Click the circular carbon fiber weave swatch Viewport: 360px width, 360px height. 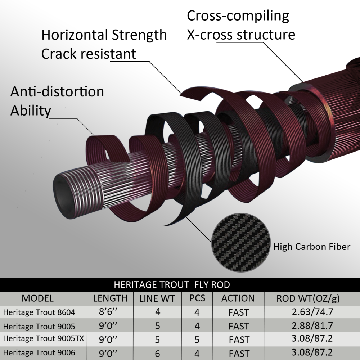click(x=240, y=243)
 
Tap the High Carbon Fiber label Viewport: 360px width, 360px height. click(x=312, y=247)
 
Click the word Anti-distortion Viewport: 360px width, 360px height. click(x=57, y=91)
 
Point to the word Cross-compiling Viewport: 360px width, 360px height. click(x=238, y=16)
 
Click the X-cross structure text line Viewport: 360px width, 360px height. click(x=241, y=35)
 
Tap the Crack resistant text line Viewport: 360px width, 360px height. click(x=89, y=54)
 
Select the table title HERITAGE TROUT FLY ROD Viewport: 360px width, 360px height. click(x=172, y=285)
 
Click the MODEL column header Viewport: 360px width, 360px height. click(x=38, y=298)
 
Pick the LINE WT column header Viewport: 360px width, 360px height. click(x=157, y=298)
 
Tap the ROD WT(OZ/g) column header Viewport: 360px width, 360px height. click(x=308, y=298)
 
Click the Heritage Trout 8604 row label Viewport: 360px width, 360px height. click(x=39, y=312)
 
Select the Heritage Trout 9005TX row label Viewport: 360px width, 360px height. click(x=44, y=338)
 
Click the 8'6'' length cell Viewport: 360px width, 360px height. click(x=108, y=311)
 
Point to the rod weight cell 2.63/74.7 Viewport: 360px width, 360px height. click(x=312, y=312)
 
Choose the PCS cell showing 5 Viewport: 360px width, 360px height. click(x=197, y=340)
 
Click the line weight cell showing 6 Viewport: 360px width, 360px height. click(x=158, y=354)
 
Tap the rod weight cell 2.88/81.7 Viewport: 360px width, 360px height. click(x=312, y=325)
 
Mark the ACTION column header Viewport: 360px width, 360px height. click(x=238, y=298)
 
